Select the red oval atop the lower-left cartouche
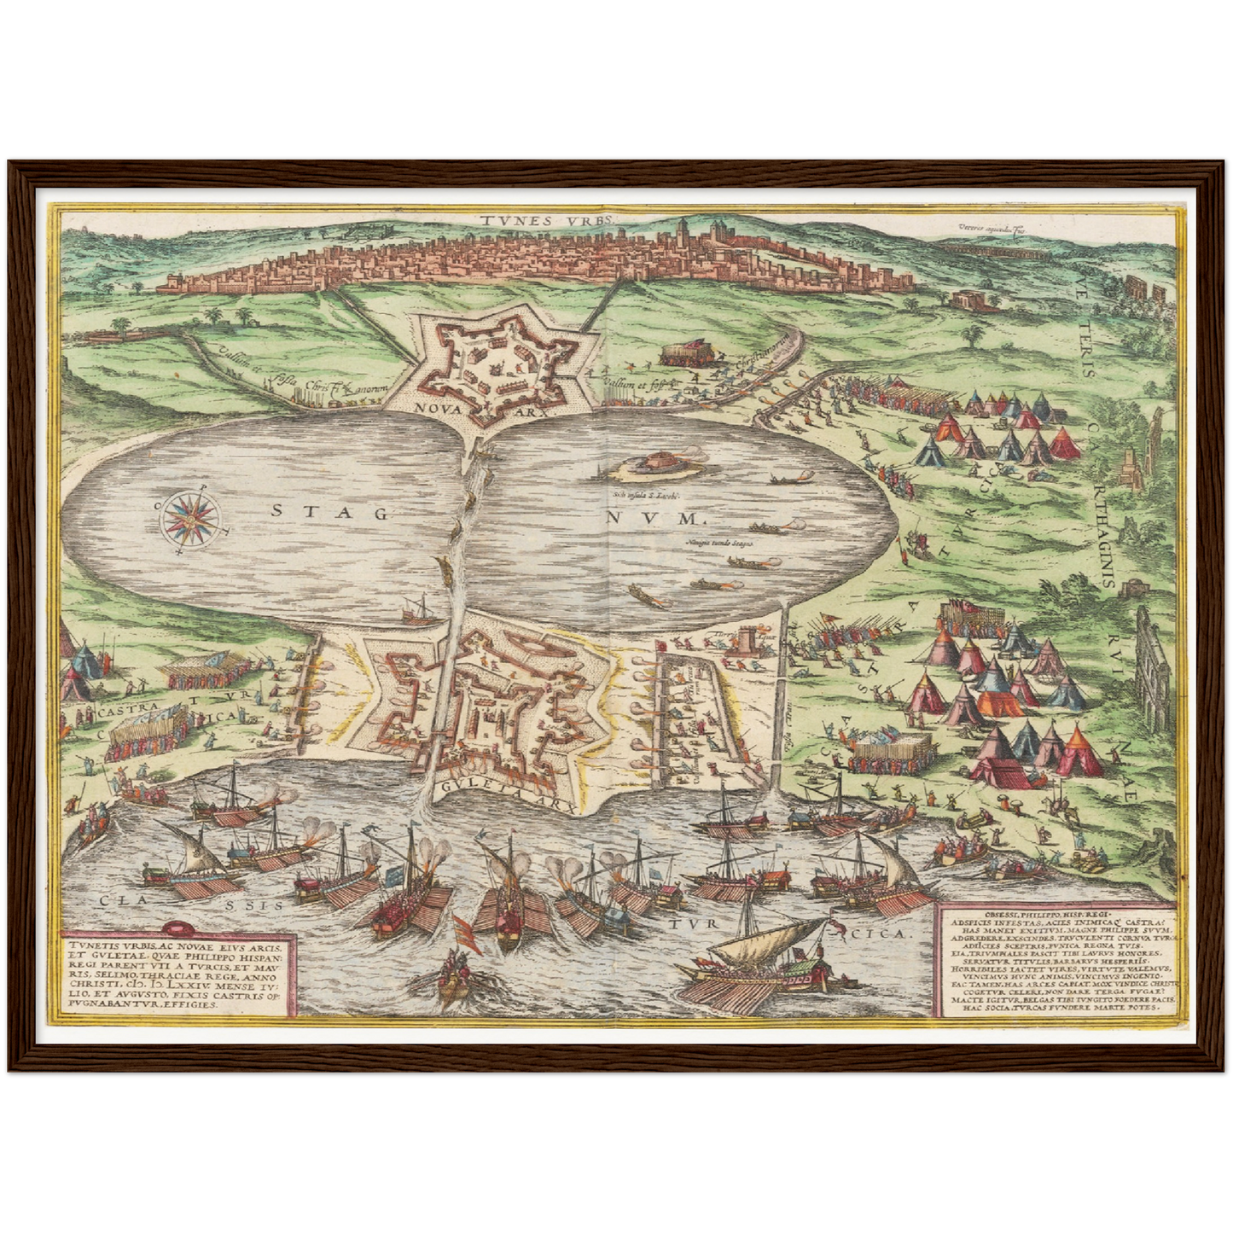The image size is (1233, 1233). pyautogui.click(x=177, y=928)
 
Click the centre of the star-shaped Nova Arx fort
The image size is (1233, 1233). pyautogui.click(x=497, y=364)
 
